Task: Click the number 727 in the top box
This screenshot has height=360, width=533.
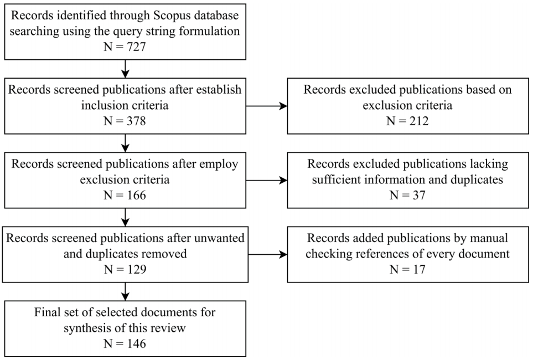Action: click(136, 47)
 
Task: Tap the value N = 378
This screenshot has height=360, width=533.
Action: click(125, 121)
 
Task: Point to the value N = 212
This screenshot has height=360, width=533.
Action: click(407, 121)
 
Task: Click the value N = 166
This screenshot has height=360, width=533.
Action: click(125, 195)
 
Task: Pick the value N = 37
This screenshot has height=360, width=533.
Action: click(407, 195)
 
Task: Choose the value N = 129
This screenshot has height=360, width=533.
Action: click(125, 269)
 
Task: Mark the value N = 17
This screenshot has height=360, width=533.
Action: click(407, 269)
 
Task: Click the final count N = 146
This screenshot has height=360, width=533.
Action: click(125, 343)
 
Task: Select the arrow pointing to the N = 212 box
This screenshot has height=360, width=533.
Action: click(267, 106)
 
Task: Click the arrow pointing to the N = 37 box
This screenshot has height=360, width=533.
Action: click(267, 181)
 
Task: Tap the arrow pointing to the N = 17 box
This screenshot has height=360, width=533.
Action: click(268, 254)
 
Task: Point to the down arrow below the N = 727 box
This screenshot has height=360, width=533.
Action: click(126, 69)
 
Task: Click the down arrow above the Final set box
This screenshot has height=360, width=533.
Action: click(126, 292)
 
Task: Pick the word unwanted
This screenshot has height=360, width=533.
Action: click(219, 238)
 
